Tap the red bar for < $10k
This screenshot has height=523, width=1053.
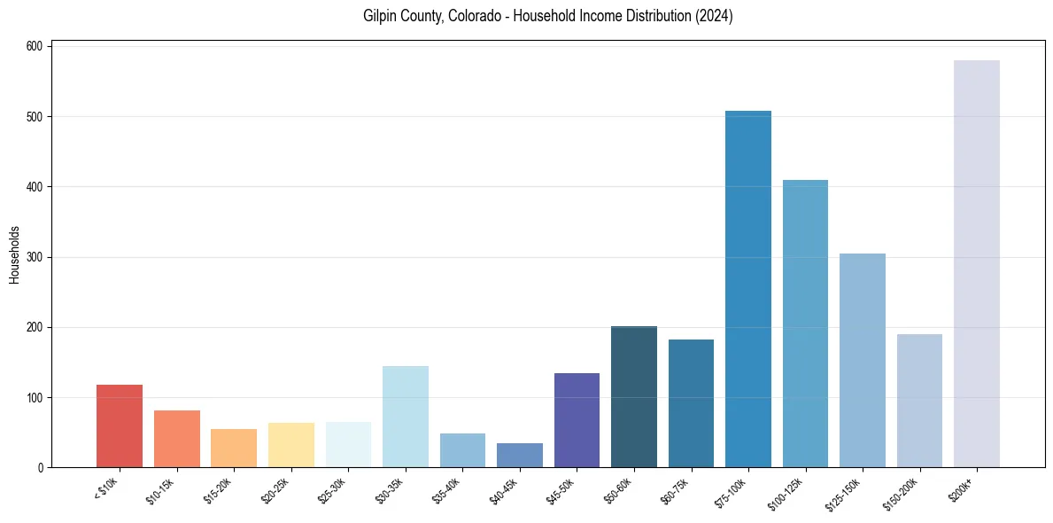120,425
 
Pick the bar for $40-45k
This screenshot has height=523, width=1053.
519,455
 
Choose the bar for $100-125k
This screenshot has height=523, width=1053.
805,324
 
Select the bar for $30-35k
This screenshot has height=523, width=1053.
405,417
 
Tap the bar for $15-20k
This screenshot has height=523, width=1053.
234,448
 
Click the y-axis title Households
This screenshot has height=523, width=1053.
15,254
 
